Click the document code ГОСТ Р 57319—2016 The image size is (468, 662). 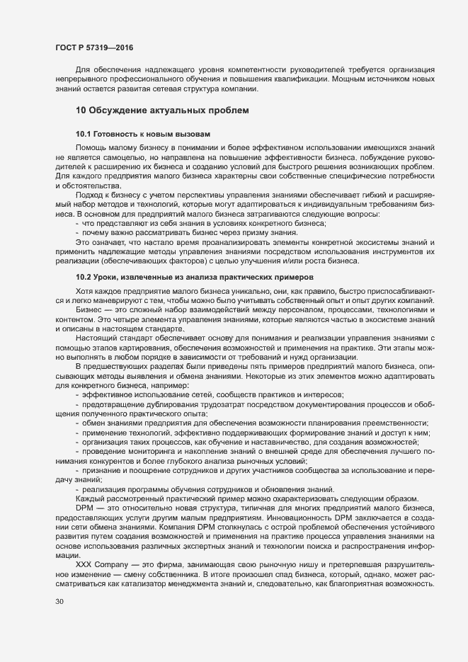pos(93,47)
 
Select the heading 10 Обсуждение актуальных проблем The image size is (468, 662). pos(162,111)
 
